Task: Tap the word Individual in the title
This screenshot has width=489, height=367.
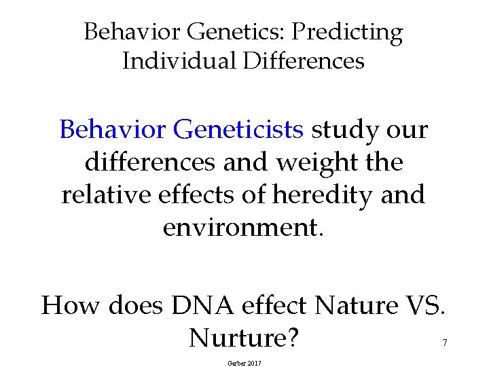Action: pyautogui.click(x=177, y=61)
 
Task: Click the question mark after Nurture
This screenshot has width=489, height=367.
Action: pyautogui.click(x=291, y=337)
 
